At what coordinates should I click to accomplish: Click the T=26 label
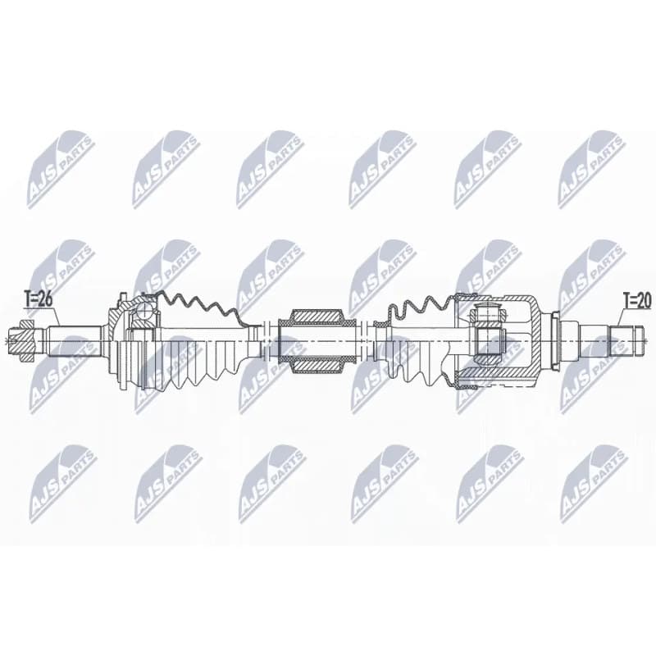tap(38, 299)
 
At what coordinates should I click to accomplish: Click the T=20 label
tap(637, 300)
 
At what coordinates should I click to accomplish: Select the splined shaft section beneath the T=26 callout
tap(74, 341)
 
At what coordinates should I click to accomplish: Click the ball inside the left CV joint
tap(143, 312)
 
